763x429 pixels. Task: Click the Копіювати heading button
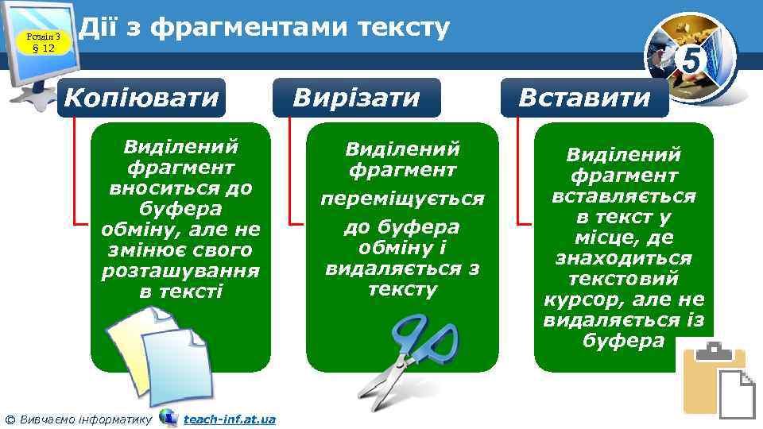tap(141, 98)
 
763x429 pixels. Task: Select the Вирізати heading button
tap(358, 98)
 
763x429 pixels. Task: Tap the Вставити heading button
tap(584, 98)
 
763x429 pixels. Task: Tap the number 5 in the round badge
tap(692, 59)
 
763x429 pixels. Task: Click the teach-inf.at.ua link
tap(230, 419)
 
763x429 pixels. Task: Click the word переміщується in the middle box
tap(402, 199)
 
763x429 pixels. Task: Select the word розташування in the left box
tap(181, 271)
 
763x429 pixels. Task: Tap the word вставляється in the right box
tap(624, 195)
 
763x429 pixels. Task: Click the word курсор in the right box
tap(580, 300)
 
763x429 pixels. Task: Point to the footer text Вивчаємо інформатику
tap(83, 419)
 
